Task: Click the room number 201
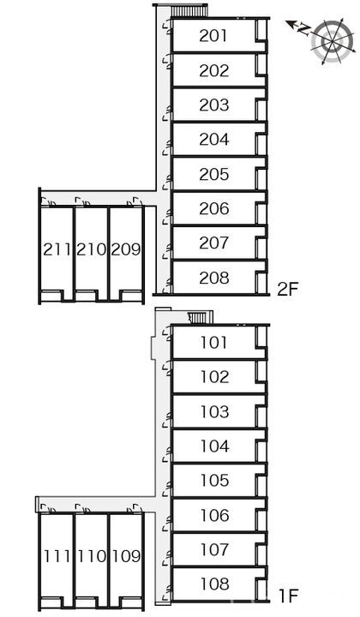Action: click(x=213, y=36)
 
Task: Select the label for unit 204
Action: click(x=214, y=140)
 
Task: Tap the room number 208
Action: click(x=214, y=278)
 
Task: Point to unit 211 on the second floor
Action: click(x=57, y=249)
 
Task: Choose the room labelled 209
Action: click(x=126, y=249)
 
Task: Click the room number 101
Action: click(x=214, y=342)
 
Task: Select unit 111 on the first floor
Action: click(x=57, y=556)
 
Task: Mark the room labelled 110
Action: click(x=92, y=556)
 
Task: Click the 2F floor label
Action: click(x=288, y=290)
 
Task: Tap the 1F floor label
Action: click(x=288, y=596)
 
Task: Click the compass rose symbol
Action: click(x=331, y=42)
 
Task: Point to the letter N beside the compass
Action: click(x=303, y=29)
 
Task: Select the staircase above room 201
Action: click(x=189, y=10)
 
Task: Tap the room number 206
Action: click(x=214, y=208)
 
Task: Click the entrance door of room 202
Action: click(x=168, y=62)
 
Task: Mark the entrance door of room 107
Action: click(x=168, y=559)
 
